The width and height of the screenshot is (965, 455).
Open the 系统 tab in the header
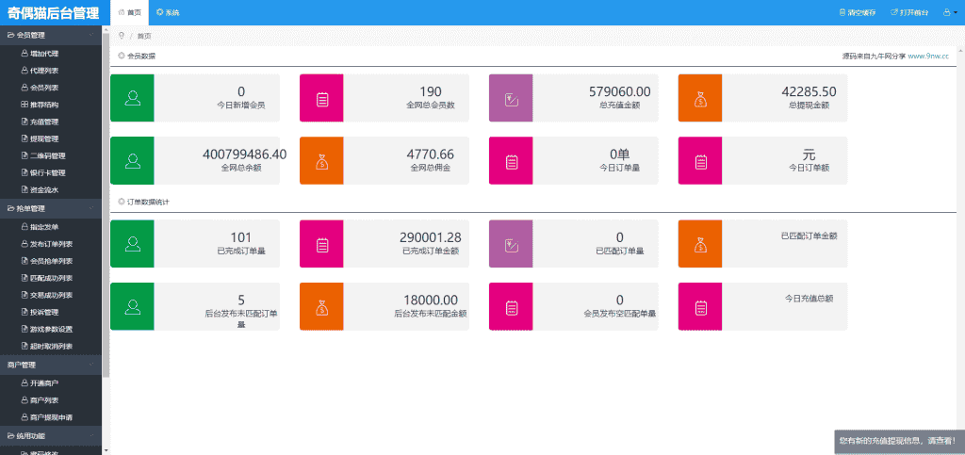(x=169, y=12)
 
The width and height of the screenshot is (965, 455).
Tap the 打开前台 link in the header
(x=911, y=12)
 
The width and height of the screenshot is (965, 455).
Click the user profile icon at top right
(x=949, y=12)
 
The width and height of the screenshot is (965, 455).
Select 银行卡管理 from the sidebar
(x=46, y=172)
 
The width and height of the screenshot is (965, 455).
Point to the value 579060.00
(x=619, y=91)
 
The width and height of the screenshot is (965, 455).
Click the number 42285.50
(x=809, y=91)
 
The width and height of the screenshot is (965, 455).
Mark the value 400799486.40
(x=244, y=154)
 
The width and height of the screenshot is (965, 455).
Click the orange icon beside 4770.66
(x=321, y=160)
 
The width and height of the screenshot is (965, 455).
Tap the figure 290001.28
(x=431, y=237)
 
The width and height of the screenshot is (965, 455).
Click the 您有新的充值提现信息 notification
(x=896, y=440)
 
